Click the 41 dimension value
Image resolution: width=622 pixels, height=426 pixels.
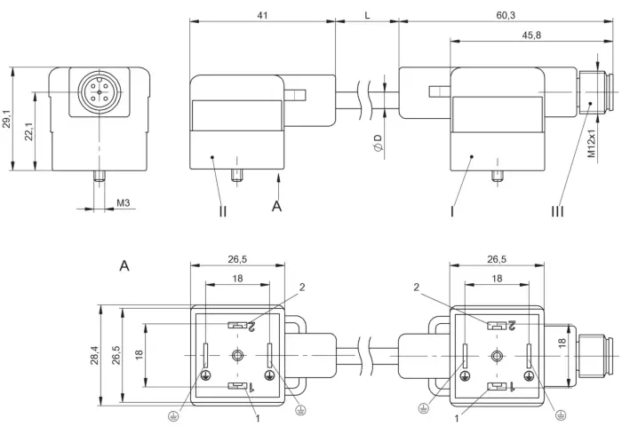tap(262, 15)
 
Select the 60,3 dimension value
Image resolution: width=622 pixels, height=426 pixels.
tap(506, 15)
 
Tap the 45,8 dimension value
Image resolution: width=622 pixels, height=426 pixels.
tap(531, 35)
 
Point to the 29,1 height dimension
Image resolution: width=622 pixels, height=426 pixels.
tap(7, 119)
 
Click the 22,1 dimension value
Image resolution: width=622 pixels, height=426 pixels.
tap(29, 131)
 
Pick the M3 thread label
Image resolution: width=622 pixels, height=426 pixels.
tap(123, 203)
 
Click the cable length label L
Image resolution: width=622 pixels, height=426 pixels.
tap(367, 15)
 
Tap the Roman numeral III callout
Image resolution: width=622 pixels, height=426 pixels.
tap(557, 211)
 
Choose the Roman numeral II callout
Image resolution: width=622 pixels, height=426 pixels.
tap(222, 211)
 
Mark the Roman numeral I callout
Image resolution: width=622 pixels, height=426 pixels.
tap(451, 211)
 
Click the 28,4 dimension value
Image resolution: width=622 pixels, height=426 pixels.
tap(94, 355)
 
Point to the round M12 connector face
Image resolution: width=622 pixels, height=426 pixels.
tap(99, 92)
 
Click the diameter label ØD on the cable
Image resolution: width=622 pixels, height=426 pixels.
tap(378, 143)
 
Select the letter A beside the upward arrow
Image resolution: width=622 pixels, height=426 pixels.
tap(276, 206)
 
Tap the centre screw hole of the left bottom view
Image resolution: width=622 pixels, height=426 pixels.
tap(237, 355)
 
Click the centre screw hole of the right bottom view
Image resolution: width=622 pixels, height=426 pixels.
tap(496, 356)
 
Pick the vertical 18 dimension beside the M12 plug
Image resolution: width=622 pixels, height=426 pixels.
tap(562, 343)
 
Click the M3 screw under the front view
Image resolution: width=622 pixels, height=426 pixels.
tap(100, 176)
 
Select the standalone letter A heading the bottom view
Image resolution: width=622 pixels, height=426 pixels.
tap(124, 265)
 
